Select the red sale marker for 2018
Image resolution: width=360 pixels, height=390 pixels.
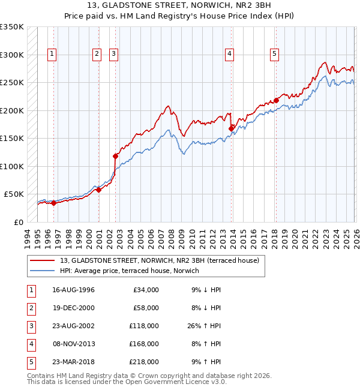click(276, 100)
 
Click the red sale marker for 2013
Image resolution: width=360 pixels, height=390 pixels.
click(231, 128)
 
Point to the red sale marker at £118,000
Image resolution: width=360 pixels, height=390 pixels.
click(115, 156)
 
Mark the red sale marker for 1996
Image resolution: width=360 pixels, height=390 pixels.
click(54, 203)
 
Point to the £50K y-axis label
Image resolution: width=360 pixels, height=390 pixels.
click(13, 194)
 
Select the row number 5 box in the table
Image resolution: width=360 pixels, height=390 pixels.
click(29, 362)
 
